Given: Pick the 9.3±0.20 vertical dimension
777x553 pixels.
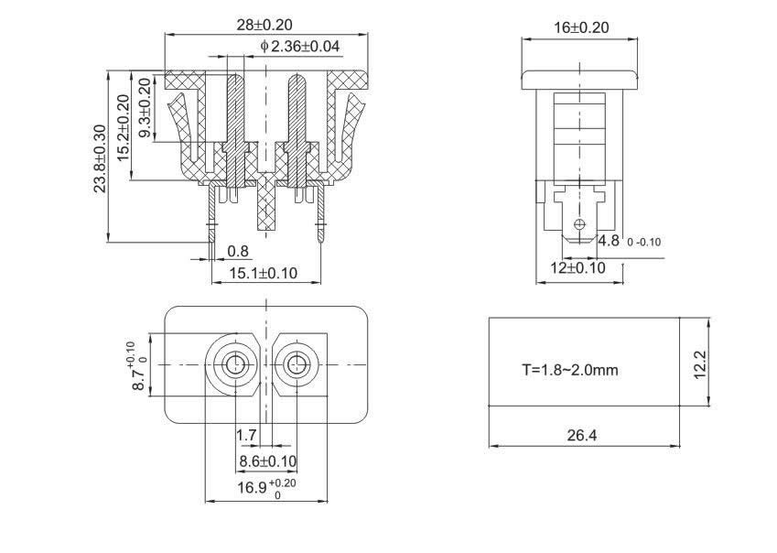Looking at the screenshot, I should click(144, 107).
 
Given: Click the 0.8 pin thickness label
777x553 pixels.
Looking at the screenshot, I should click(237, 251).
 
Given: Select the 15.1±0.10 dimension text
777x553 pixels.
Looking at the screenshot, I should click(263, 273).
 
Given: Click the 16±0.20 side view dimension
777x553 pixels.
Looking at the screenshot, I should click(581, 27).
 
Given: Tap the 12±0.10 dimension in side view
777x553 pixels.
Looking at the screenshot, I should click(577, 268).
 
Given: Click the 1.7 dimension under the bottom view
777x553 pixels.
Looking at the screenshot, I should click(246, 433).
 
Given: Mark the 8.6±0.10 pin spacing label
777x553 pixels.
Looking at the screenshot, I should click(267, 460).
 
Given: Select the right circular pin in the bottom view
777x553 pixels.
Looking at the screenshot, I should click(297, 364).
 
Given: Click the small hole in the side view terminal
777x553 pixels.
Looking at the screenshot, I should click(577, 225).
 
